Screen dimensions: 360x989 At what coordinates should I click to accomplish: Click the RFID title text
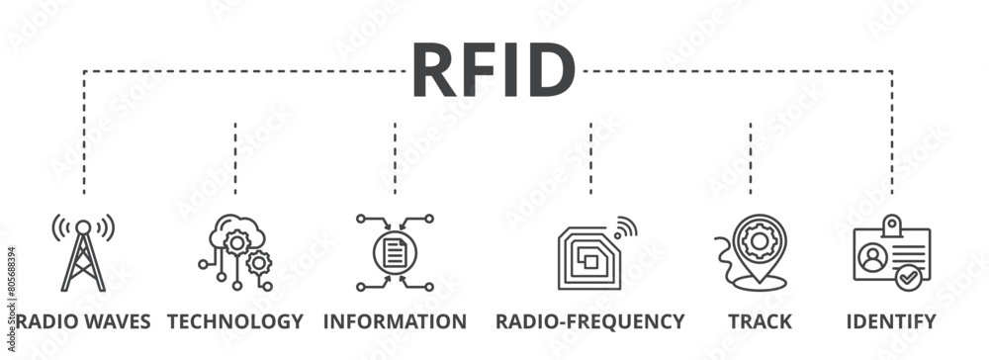coord(493,71)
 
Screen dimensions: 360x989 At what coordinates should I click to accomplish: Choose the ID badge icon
coord(890,254)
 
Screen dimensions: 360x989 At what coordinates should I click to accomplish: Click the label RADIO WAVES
coord(83,321)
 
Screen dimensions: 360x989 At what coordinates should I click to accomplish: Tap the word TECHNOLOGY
coord(235,321)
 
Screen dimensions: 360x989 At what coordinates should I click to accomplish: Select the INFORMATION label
coord(395,321)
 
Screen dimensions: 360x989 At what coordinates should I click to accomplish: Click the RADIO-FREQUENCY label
coord(590,321)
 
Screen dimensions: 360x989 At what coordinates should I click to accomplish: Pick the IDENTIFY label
coord(890,321)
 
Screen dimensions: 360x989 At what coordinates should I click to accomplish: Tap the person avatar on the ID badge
coord(872,258)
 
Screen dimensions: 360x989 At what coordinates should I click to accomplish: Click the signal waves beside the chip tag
coord(623,228)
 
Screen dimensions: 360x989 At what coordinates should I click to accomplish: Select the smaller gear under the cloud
coord(259,263)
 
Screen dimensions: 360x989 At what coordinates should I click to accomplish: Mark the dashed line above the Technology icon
coord(235,158)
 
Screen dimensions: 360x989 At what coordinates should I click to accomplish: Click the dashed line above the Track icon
coord(751,158)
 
